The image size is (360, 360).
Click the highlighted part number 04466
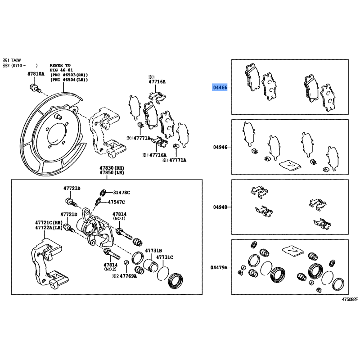pos(220,87)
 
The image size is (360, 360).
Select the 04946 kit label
pos(220,147)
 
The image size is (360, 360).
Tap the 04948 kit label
pos(220,207)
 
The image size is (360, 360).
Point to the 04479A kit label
pos(219,267)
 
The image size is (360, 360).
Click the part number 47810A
pos(36,74)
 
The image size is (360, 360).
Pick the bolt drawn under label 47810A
pos(36,89)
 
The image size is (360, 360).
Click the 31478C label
pos(121,193)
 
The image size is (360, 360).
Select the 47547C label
pos(117,202)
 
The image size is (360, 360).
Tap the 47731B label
pos(153,251)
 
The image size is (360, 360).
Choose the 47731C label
pos(165,257)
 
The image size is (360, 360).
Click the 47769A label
pos(128,276)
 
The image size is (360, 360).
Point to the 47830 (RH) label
pos(112,168)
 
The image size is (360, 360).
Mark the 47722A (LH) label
pos(49,228)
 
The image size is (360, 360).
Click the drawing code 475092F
pos(350,299)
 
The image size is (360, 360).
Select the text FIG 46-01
pos(61,70)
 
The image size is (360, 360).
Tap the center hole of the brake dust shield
pos(57,136)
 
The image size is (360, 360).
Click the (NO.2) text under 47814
pos(110,269)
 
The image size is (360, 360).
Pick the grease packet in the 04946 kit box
pos(290,165)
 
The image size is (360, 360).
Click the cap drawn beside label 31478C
pos(103,193)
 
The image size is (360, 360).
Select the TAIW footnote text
pos(16,60)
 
